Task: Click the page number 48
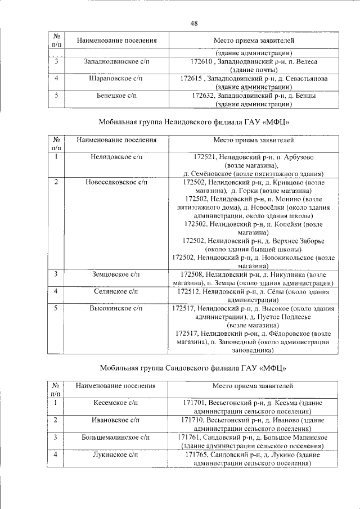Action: [x=193, y=23]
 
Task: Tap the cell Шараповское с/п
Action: [x=117, y=78]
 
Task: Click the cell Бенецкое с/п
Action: [x=117, y=96]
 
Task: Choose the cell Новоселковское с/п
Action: [x=117, y=182]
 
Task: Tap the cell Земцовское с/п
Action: [x=117, y=274]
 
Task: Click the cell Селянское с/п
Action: [x=117, y=291]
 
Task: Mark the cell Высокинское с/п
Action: [x=117, y=308]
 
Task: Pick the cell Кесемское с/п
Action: [x=116, y=403]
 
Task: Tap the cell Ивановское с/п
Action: [x=116, y=420]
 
